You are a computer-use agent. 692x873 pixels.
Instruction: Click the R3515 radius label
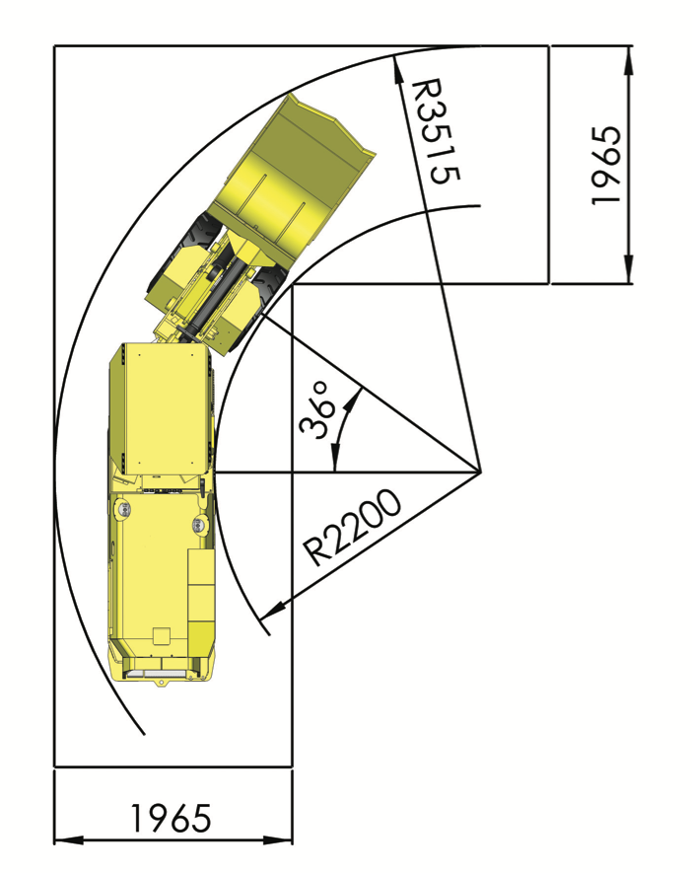coord(435,132)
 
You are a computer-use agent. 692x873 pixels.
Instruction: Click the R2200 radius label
coord(352,528)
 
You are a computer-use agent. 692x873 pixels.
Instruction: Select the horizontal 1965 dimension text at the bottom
coord(171,819)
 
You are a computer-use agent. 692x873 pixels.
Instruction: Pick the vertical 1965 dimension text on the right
coord(605,166)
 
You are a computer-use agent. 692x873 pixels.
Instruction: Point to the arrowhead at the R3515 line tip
coord(397,69)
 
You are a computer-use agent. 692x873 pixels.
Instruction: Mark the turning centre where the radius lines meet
coord(480,473)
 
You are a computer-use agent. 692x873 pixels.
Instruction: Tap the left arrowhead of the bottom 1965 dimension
coord(68,840)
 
